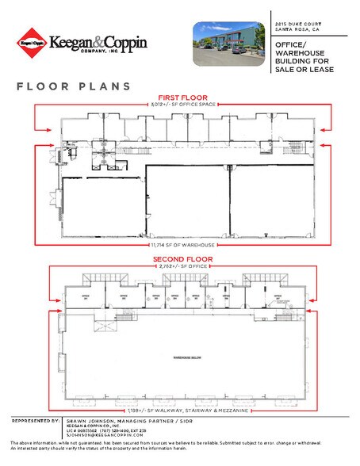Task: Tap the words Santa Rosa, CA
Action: coord(292,32)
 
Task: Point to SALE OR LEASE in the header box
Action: coord(304,71)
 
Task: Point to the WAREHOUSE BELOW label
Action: coord(189,358)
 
